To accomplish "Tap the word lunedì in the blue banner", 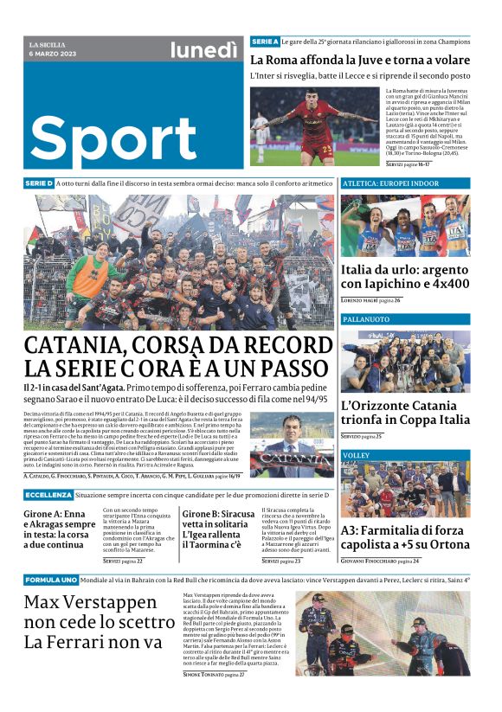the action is point(203,51).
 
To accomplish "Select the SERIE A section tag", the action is point(265,42).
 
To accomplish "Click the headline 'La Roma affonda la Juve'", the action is point(359,60).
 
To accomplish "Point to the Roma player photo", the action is point(315,126).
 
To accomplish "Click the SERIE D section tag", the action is point(40,184).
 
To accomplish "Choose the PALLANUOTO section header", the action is point(366,319).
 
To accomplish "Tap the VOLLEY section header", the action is point(356,454).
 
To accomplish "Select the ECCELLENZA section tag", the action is point(48,494).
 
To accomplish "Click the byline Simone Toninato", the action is point(203,673).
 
